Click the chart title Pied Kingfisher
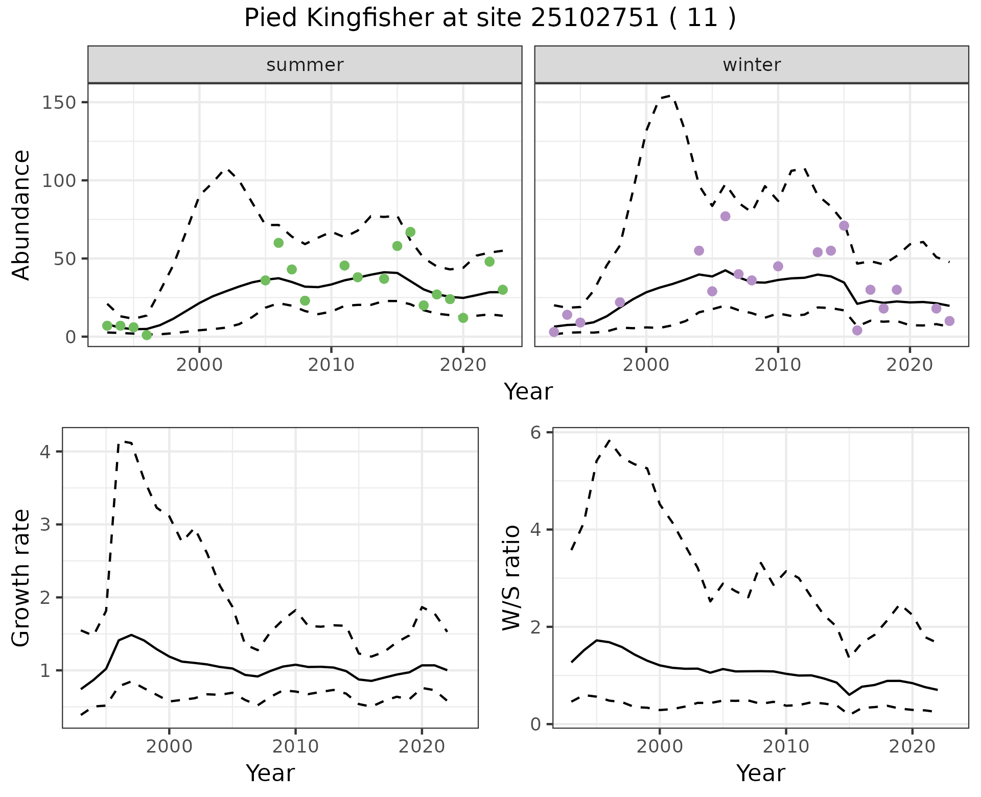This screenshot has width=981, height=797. [489, 18]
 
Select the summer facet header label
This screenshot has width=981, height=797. [305, 65]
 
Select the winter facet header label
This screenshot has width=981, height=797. [752, 65]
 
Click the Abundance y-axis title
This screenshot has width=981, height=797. [21, 215]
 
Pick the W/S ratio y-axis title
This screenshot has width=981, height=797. [511, 577]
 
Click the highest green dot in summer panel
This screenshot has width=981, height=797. [410, 232]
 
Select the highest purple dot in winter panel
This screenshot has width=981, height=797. [726, 216]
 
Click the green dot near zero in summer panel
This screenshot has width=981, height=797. [147, 335]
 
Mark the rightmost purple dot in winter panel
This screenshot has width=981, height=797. [949, 321]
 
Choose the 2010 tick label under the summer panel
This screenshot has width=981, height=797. [331, 365]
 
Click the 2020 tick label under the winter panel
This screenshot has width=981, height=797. [909, 365]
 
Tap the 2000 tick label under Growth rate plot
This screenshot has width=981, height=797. [169, 746]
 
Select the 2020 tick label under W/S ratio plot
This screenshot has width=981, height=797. [913, 746]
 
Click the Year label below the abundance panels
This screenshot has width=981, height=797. [528, 392]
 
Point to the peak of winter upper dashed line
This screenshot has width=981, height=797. [670, 96]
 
